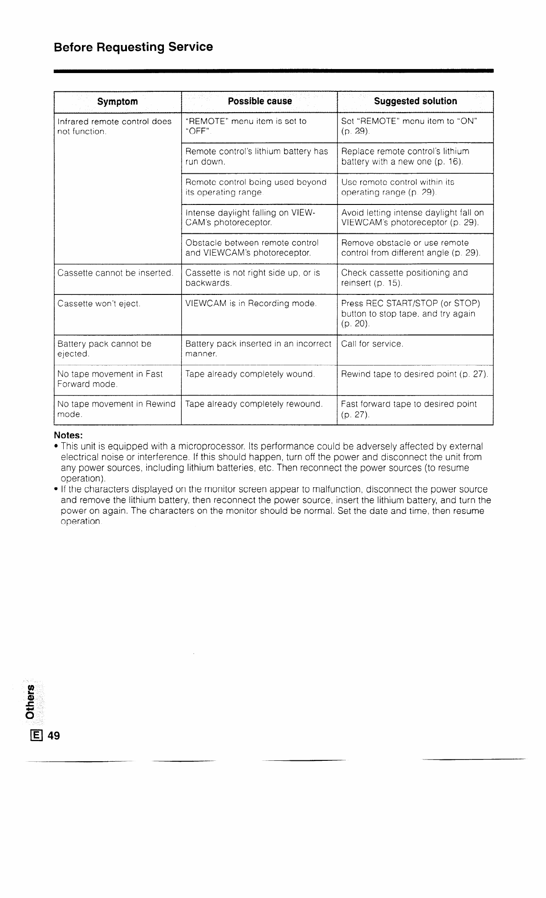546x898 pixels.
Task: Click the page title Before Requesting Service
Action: [133, 47]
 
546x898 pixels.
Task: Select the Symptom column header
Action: [118, 102]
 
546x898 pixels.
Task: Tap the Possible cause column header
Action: [260, 101]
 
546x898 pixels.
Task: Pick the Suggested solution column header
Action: [415, 101]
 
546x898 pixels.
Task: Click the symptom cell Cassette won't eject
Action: [99, 304]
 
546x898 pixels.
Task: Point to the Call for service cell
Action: [372, 344]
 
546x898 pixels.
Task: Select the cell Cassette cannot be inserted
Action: [115, 273]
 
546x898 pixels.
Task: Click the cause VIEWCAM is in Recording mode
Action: [251, 304]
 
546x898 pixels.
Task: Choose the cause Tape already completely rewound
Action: [254, 404]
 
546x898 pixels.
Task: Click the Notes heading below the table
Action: [69, 435]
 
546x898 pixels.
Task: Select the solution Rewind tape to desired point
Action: [414, 374]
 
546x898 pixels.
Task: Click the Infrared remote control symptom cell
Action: [114, 127]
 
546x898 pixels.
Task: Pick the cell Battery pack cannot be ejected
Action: [104, 349]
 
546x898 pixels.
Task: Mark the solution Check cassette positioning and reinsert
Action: [404, 278]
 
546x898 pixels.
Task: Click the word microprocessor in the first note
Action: [210, 446]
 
